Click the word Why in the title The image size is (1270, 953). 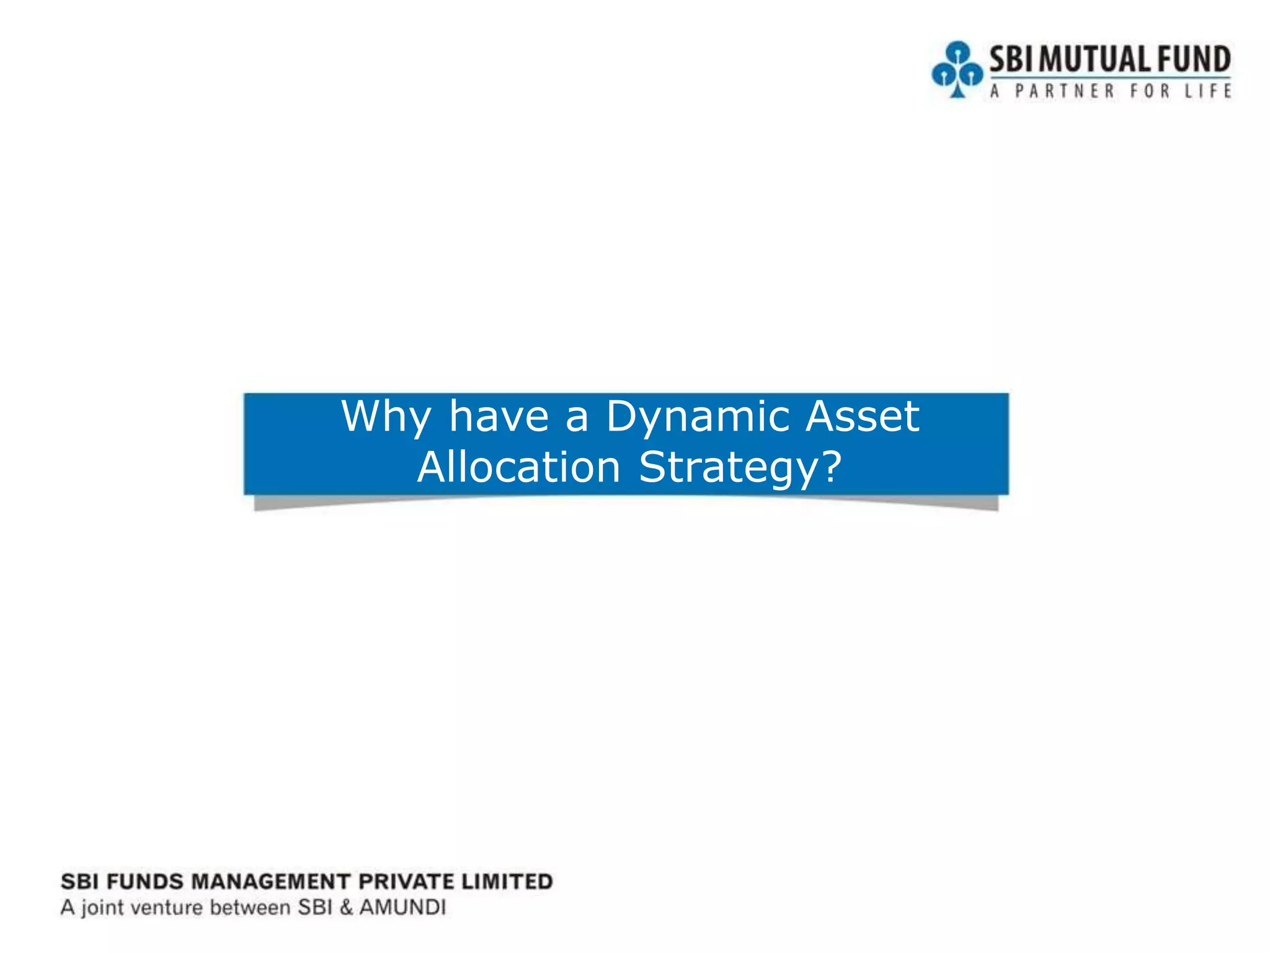pos(386,418)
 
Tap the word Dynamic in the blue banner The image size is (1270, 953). pos(697,418)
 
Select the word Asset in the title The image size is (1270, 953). pos(862,416)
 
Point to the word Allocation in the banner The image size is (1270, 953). pos(519,467)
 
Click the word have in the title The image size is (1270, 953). pos(499,416)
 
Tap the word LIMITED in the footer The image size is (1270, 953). pos(507,882)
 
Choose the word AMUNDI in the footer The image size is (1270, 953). pos(402,908)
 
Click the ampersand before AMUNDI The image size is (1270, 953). pos(346,908)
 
